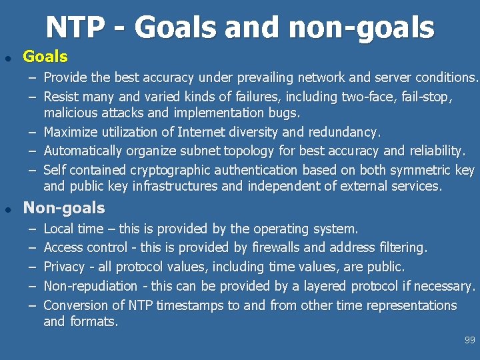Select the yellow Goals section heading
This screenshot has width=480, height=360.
coord(45,57)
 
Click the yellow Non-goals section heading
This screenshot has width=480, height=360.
coord(64,208)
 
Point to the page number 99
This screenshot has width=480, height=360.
coord(470,340)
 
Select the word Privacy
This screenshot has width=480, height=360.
coord(65,267)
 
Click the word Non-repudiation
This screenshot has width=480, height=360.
coord(90,286)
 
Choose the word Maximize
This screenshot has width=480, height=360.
coord(72,132)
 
